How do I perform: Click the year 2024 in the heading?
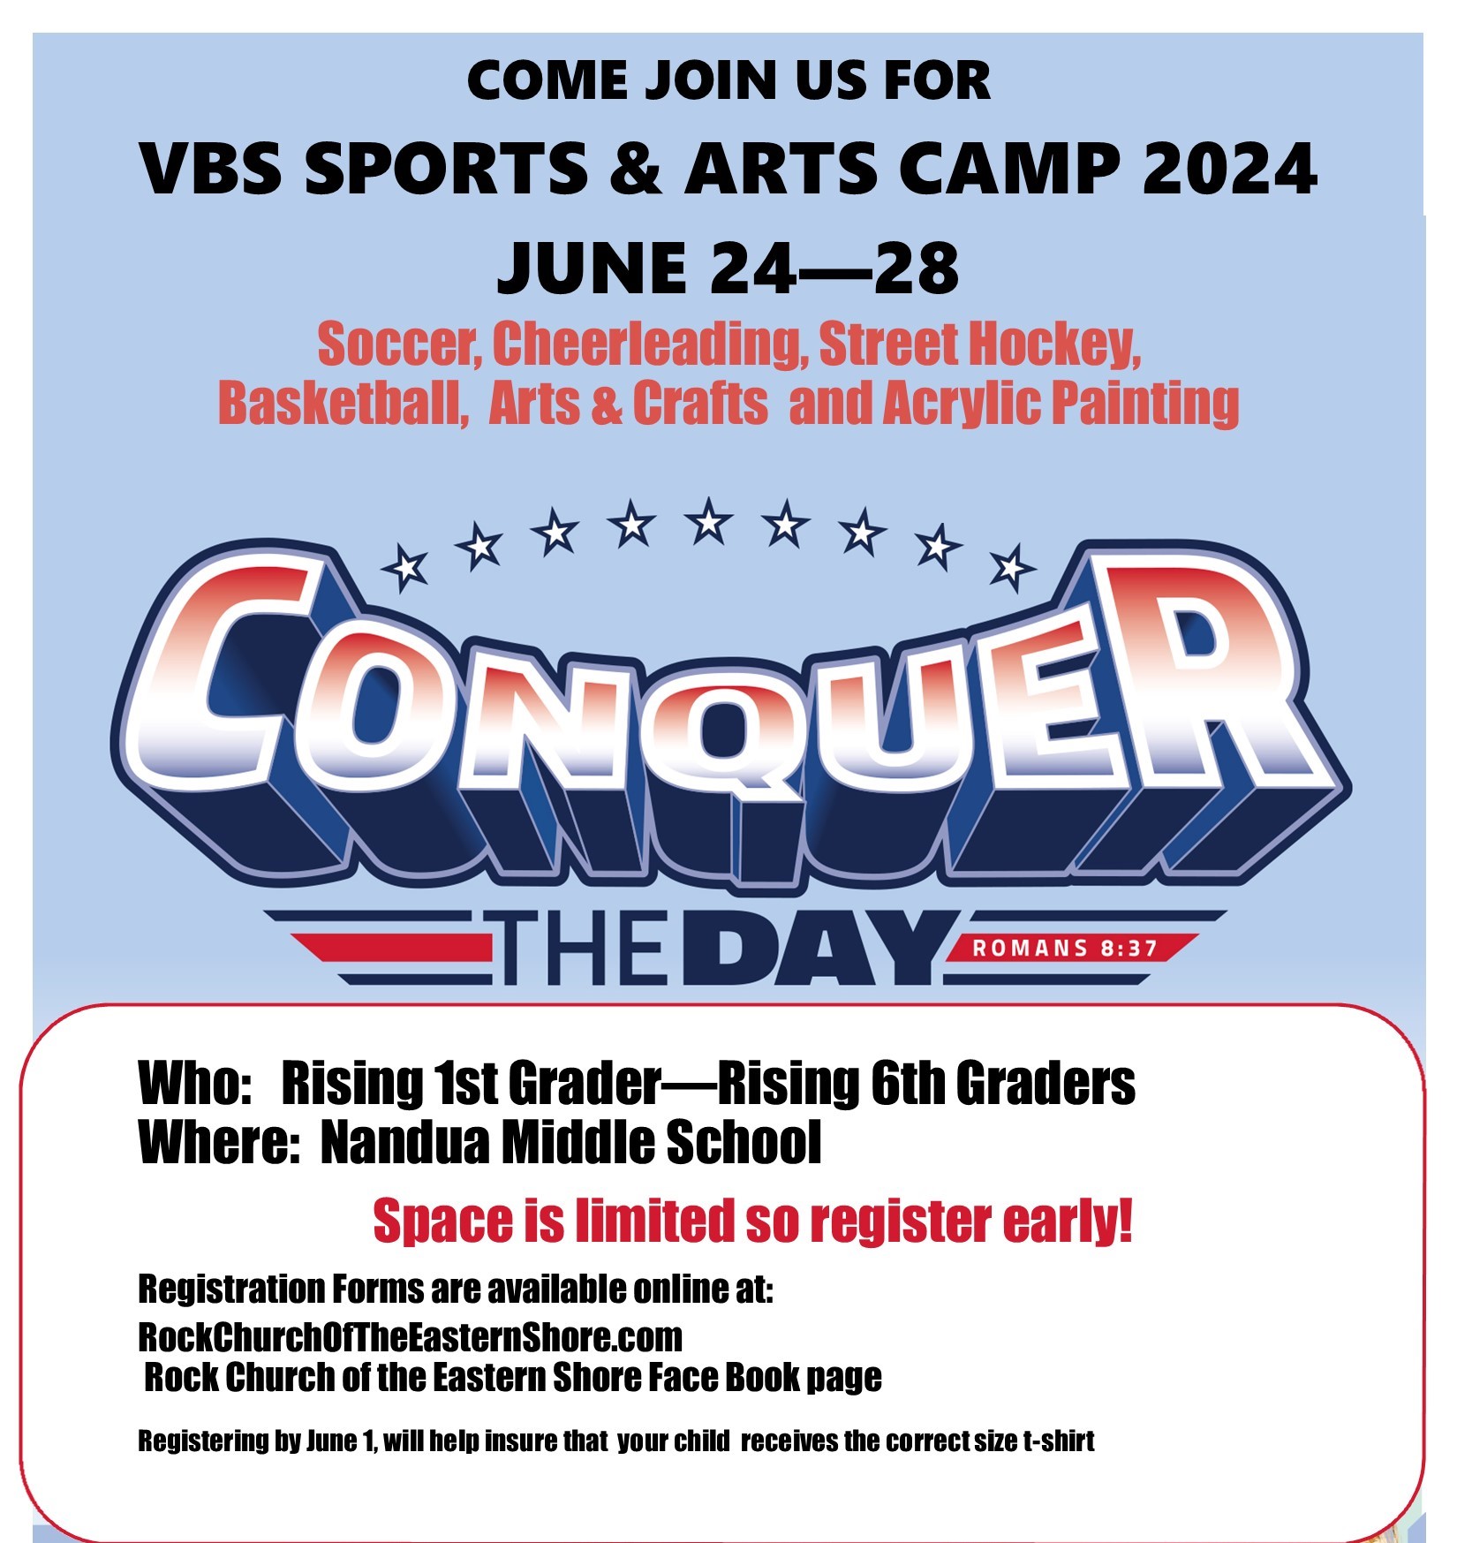[x=1229, y=168]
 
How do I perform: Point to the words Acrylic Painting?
[x=1061, y=404]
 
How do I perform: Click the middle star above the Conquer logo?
[x=709, y=520]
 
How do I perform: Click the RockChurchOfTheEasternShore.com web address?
[x=411, y=1337]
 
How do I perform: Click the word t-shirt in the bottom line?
[x=1059, y=1441]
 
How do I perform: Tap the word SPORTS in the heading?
[x=447, y=168]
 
